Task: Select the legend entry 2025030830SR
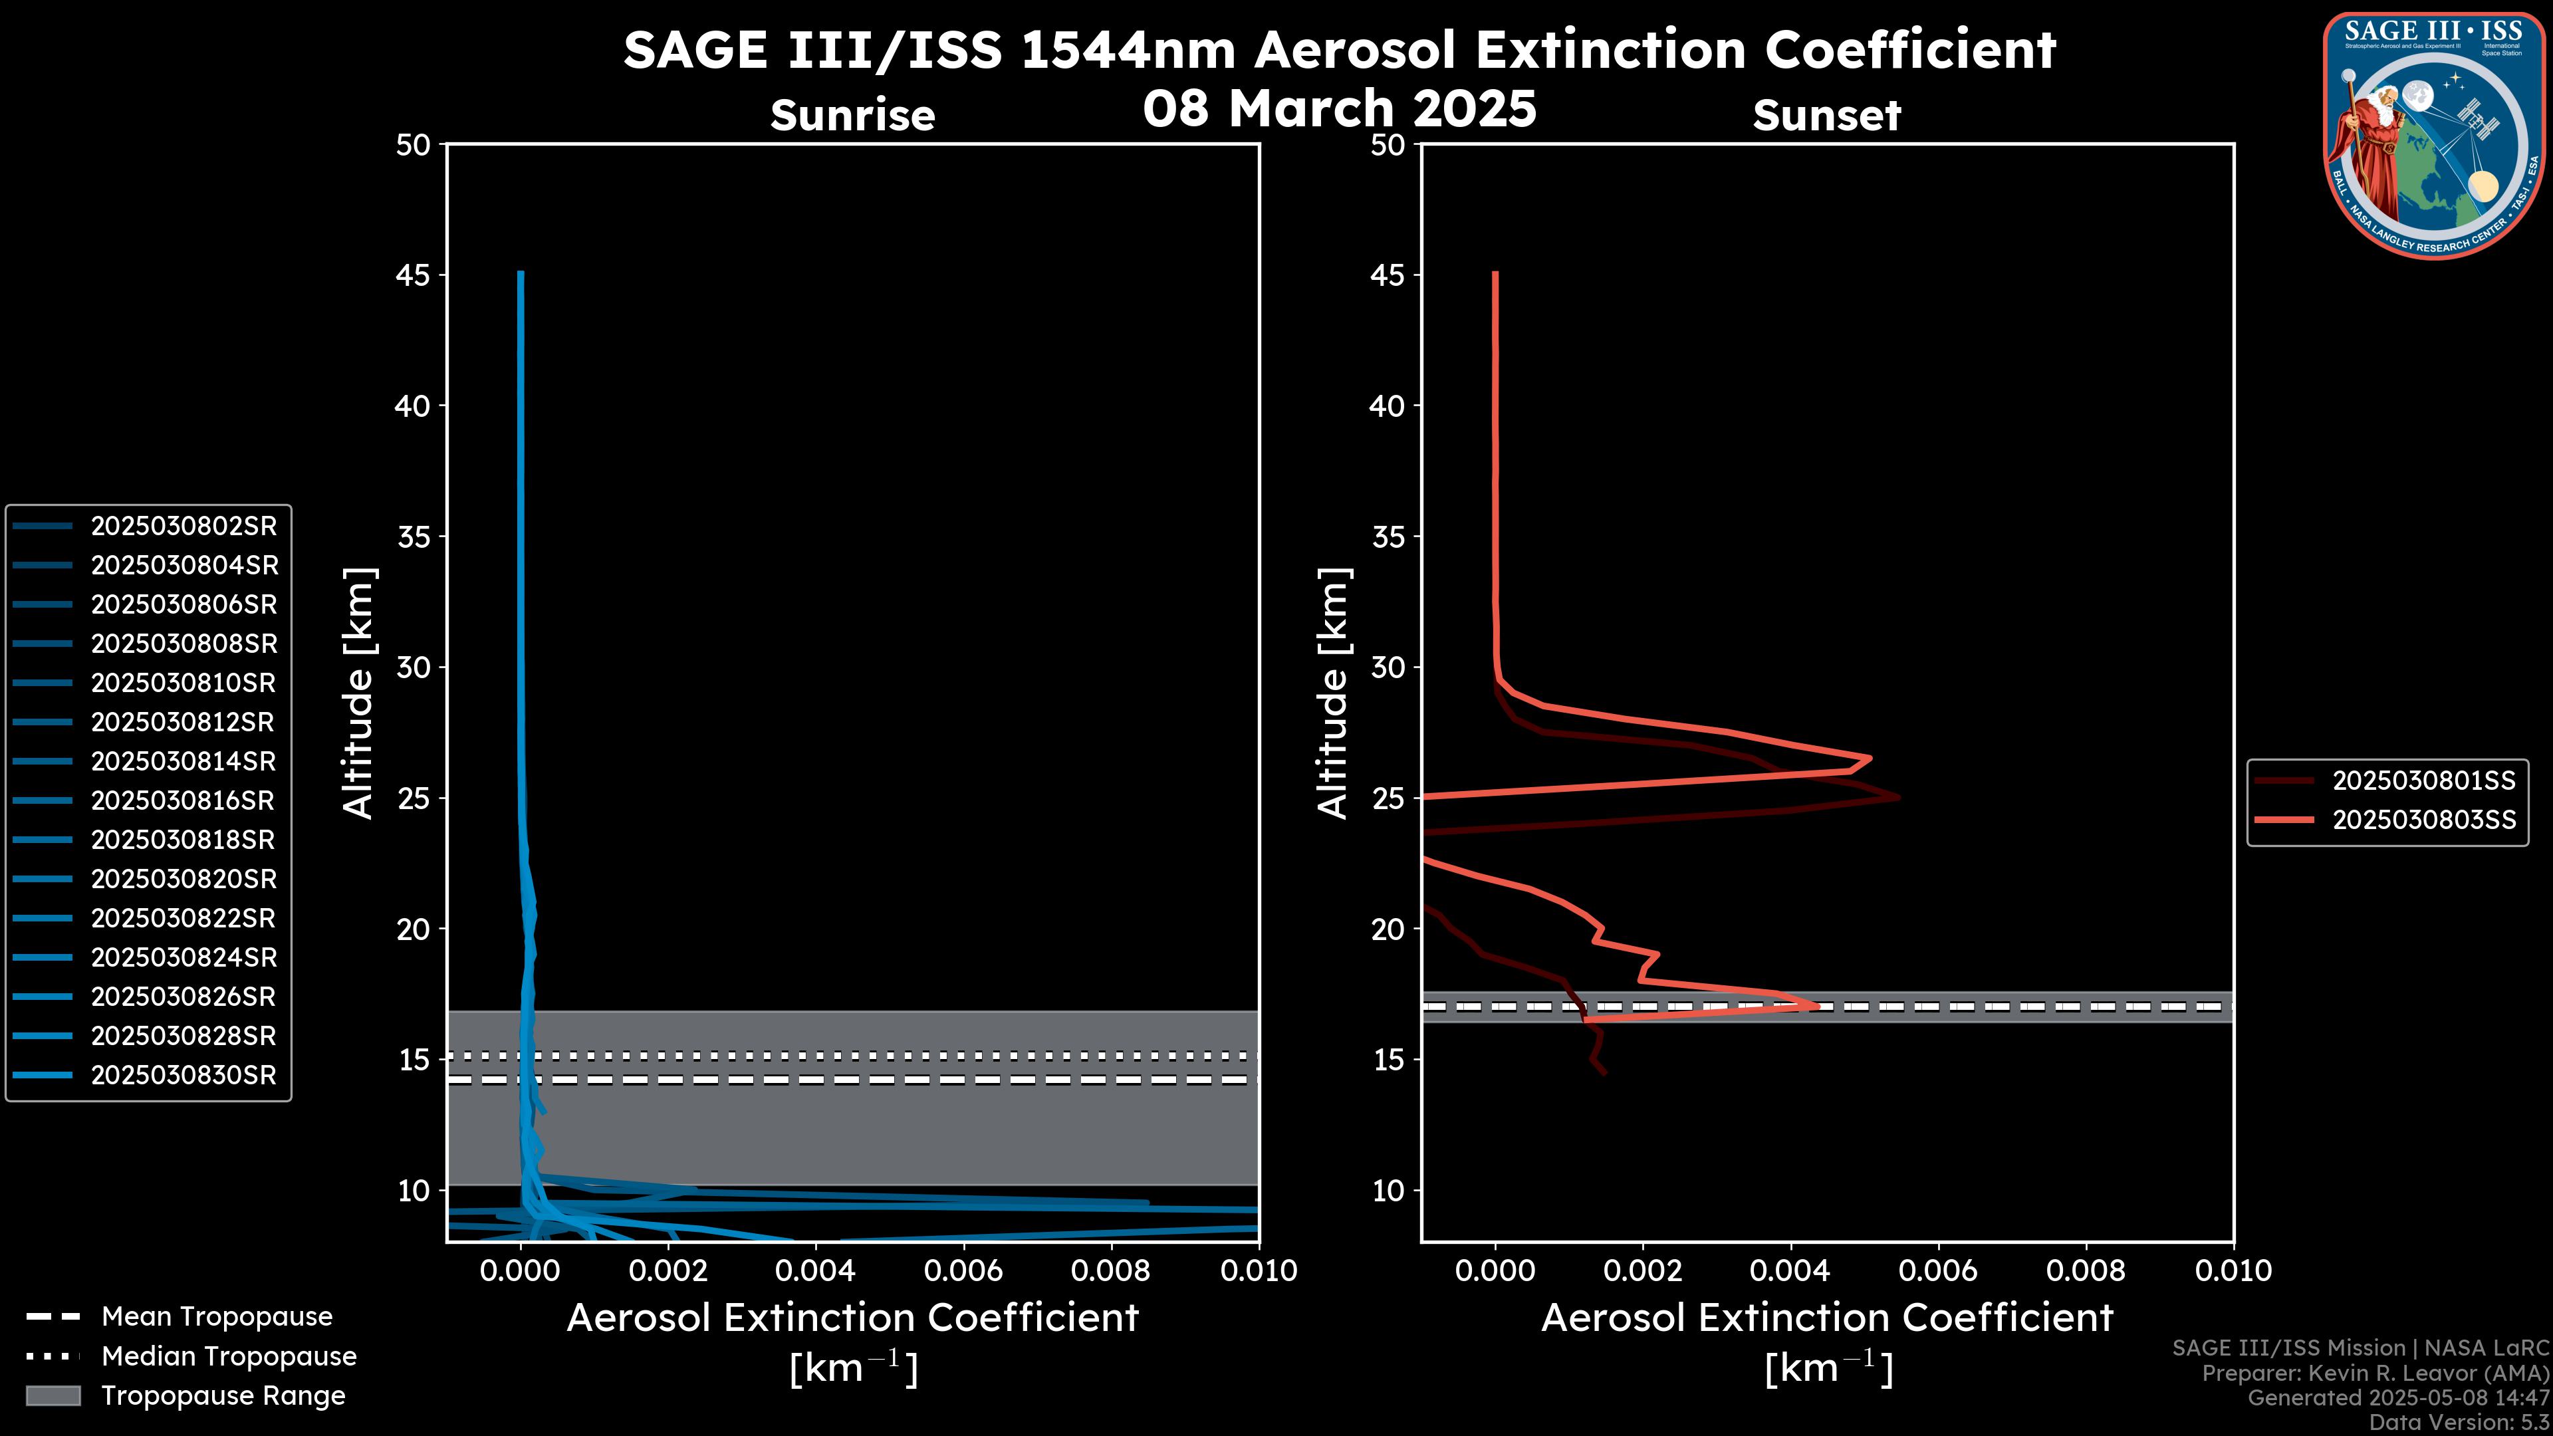point(183,1075)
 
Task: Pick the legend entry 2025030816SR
point(183,800)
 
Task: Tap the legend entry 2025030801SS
point(2423,781)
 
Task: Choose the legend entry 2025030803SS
point(2423,820)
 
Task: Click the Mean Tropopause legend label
point(217,1316)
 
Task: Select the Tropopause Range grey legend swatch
point(53,1395)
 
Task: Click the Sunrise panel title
point(852,116)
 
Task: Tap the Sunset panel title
point(1826,116)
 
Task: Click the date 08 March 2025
point(1339,108)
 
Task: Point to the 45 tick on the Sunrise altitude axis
point(414,275)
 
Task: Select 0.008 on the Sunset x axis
point(2086,1270)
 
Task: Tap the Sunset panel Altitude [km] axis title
point(1333,693)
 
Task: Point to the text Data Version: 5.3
point(2458,1422)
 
